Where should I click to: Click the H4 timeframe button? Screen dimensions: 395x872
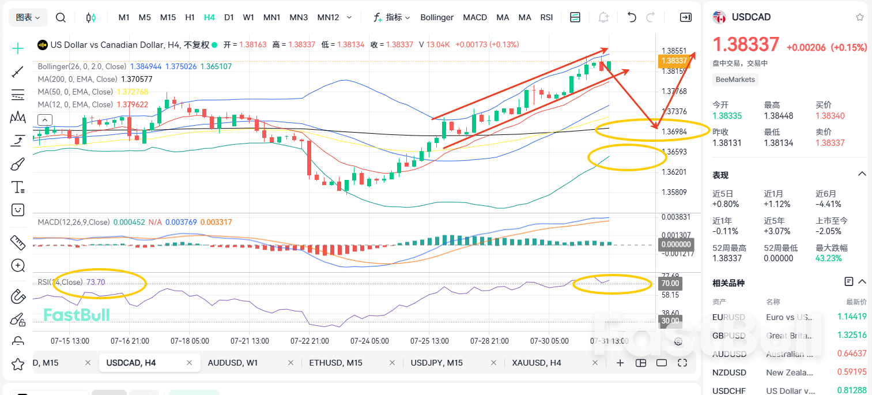[209, 17]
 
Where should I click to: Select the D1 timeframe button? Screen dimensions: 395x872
[229, 17]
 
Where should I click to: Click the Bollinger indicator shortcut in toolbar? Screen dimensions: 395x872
[437, 17]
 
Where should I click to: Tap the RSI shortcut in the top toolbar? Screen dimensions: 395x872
[546, 17]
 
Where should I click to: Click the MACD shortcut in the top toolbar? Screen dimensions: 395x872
[475, 17]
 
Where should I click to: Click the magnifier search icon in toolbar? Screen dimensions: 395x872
[61, 17]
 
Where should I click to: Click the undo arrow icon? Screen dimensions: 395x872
[632, 17]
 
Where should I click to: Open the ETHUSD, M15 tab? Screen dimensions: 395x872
[335, 363]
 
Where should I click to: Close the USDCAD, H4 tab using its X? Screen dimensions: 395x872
[189, 363]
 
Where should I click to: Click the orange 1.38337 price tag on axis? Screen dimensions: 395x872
[674, 61]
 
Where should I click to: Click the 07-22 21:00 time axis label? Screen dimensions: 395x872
[309, 341]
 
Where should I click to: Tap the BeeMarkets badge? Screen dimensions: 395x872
[735, 80]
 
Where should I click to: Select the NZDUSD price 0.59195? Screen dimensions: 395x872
[852, 373]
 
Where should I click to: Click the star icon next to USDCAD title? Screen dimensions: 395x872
[859, 17]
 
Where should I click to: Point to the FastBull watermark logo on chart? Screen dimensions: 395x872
[77, 314]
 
